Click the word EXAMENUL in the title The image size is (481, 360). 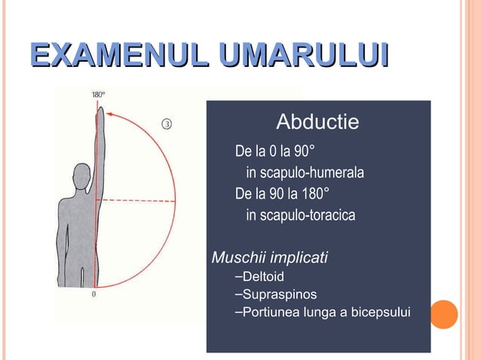pyautogui.click(x=119, y=57)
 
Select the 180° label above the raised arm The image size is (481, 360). pyautogui.click(x=98, y=94)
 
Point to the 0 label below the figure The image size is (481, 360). pyautogui.click(x=93, y=294)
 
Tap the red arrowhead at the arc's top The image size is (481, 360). pyautogui.click(x=112, y=114)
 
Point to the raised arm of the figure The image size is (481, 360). pyautogui.click(x=100, y=151)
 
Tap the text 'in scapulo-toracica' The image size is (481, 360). pyautogui.click(x=300, y=216)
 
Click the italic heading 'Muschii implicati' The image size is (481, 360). pyautogui.click(x=270, y=258)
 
